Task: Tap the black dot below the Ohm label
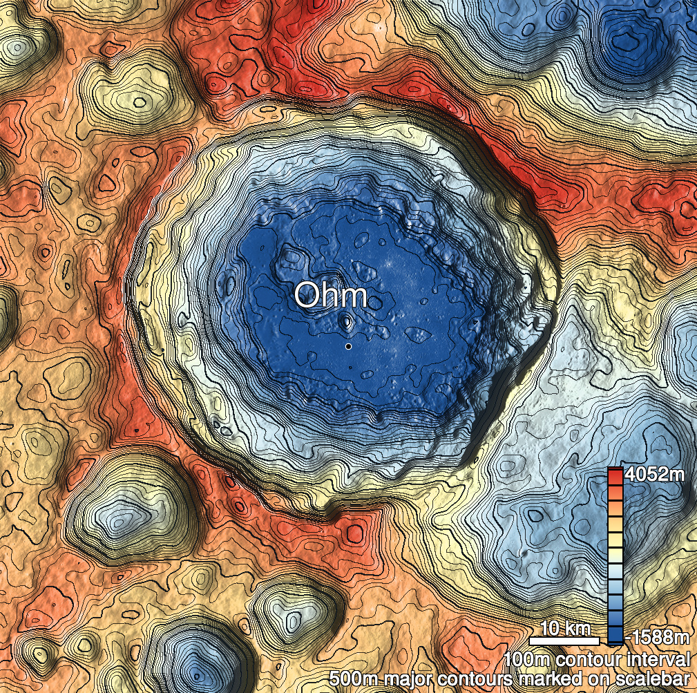coord(349,346)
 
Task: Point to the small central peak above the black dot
coord(347,321)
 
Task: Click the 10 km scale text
coord(565,629)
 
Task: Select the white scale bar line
coord(565,640)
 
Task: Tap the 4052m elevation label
coord(654,475)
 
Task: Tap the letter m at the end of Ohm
coord(354,297)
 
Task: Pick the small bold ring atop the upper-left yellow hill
coord(140,102)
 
